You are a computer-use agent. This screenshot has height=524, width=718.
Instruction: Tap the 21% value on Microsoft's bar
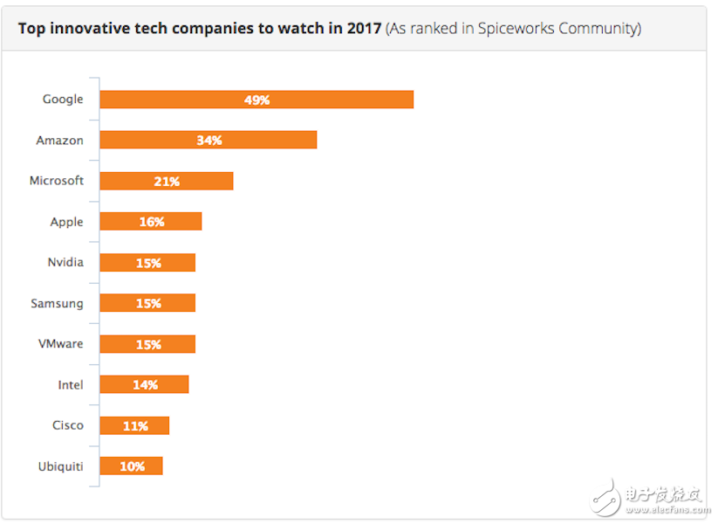click(x=167, y=182)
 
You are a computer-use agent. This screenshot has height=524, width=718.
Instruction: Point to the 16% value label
click(x=152, y=222)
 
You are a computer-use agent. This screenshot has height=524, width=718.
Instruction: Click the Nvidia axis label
click(x=65, y=262)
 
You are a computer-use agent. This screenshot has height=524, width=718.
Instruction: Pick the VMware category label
click(x=60, y=343)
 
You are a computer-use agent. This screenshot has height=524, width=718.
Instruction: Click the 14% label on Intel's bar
click(x=146, y=384)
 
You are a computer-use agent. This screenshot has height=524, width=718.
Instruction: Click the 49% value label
click(x=257, y=100)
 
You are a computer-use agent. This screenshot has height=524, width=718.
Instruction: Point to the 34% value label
click(x=209, y=140)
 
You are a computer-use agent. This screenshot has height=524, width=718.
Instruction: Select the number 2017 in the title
click(x=365, y=29)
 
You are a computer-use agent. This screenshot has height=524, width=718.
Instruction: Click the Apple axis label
click(x=66, y=222)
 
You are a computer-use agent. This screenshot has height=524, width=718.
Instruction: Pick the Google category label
click(x=63, y=100)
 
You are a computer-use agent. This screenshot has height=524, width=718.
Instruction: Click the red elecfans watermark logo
click(x=607, y=495)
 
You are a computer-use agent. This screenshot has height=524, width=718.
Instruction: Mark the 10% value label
click(x=132, y=466)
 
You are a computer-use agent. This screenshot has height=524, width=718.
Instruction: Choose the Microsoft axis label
click(x=56, y=181)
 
